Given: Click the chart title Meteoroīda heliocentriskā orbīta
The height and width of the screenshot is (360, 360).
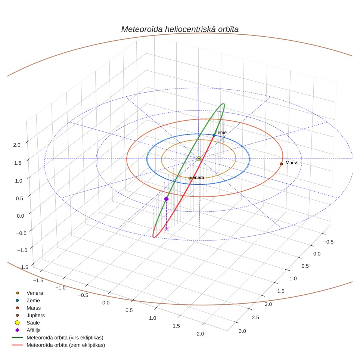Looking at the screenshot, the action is point(180,30).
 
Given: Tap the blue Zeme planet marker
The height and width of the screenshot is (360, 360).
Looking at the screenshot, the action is point(214,135).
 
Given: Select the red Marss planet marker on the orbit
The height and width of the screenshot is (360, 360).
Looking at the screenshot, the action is point(281,164).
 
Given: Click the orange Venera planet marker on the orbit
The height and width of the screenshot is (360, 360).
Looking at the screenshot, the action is point(190,178).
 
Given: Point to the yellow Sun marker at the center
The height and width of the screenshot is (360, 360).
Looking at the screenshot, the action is point(199,159).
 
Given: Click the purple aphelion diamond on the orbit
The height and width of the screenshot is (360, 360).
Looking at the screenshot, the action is point(167,199).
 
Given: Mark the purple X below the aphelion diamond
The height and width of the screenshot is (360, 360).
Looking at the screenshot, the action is point(167,229).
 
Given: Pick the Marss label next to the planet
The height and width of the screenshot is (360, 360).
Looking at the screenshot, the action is point(292,163).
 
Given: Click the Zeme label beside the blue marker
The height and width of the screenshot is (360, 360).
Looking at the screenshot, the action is point(221,133).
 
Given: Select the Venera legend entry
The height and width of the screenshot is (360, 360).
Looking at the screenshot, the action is point(30,293).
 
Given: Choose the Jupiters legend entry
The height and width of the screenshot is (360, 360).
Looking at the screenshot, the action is point(30,315).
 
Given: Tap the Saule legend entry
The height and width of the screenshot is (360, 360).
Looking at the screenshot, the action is point(28,323).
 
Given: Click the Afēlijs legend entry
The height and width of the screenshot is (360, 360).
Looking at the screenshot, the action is point(28,330).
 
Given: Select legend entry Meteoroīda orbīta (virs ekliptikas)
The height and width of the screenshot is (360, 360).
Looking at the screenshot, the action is point(58,338).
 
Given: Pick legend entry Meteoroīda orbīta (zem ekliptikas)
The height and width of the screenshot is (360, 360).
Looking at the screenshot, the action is point(59,345).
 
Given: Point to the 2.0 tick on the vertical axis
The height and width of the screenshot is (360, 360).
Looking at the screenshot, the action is point(17,145).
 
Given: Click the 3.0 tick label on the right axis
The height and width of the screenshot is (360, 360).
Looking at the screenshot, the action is point(242,331).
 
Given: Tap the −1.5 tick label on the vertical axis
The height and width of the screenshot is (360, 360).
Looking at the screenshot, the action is point(23,267).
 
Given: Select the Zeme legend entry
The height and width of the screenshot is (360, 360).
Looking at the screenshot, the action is point(28,300).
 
